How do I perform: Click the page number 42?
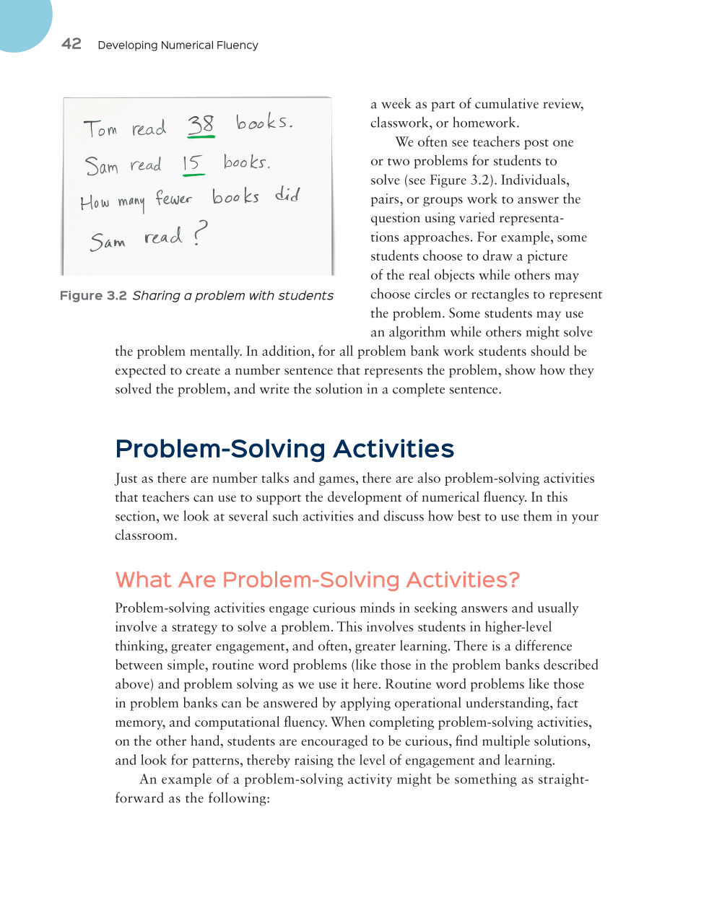(x=71, y=44)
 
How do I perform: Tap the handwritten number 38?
(x=201, y=125)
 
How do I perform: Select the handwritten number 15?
(x=192, y=164)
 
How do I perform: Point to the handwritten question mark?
(x=200, y=233)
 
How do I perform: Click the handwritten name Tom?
(x=100, y=129)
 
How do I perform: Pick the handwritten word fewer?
(x=173, y=198)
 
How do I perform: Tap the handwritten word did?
(x=287, y=194)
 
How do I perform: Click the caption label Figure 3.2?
(x=93, y=296)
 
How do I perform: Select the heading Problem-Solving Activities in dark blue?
(x=284, y=449)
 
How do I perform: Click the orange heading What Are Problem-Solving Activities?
(x=317, y=580)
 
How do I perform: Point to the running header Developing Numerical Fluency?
(x=178, y=45)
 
